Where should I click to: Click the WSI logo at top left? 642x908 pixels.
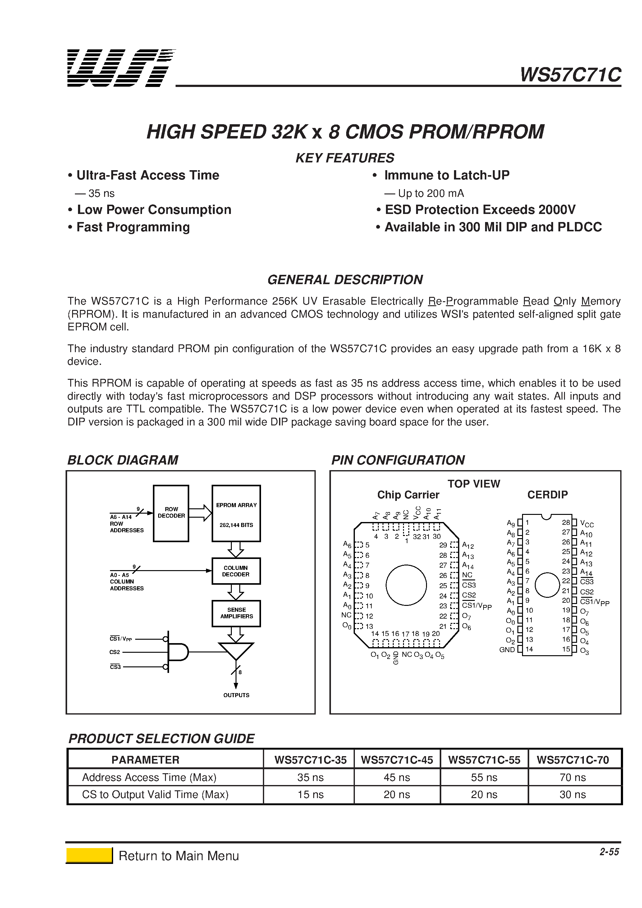[x=121, y=68]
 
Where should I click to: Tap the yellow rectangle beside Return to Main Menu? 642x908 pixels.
[x=89, y=856]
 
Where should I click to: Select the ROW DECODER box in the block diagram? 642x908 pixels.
[x=171, y=513]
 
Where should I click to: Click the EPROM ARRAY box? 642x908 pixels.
[x=236, y=513]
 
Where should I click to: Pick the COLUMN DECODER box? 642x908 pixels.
[x=236, y=571]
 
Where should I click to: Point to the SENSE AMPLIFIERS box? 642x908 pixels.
[x=236, y=613]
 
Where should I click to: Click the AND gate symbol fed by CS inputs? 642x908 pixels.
[x=178, y=651]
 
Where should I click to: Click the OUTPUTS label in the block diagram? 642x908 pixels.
[x=236, y=695]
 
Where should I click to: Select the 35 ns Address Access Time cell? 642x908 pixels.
[x=310, y=777]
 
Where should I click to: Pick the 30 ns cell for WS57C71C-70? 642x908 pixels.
[x=572, y=794]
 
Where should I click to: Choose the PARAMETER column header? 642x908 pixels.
[x=145, y=760]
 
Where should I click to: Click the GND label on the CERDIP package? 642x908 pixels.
[x=507, y=649]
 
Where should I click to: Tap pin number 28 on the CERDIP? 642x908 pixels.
[x=566, y=522]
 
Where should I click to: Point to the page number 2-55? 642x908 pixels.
[x=609, y=851]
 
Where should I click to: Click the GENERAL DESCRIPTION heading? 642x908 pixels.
[x=345, y=279]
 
